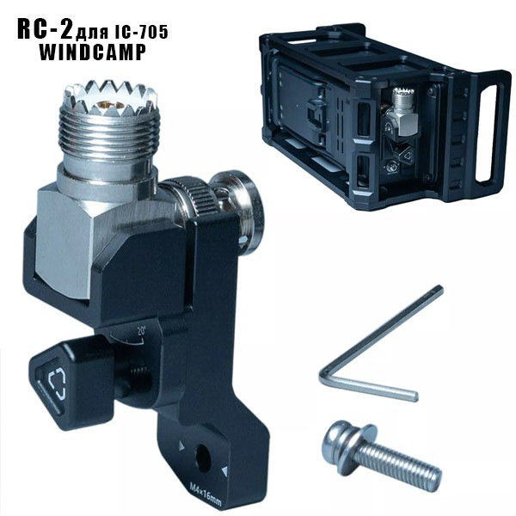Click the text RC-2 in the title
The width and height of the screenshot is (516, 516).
pos(46,29)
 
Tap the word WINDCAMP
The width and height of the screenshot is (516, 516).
pos(93,52)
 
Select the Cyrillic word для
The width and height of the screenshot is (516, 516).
pos(93,33)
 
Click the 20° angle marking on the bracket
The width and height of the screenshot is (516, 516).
pos(142,331)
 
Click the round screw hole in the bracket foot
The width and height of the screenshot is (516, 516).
pos(203,458)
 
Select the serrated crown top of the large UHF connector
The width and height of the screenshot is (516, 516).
pos(109,98)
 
